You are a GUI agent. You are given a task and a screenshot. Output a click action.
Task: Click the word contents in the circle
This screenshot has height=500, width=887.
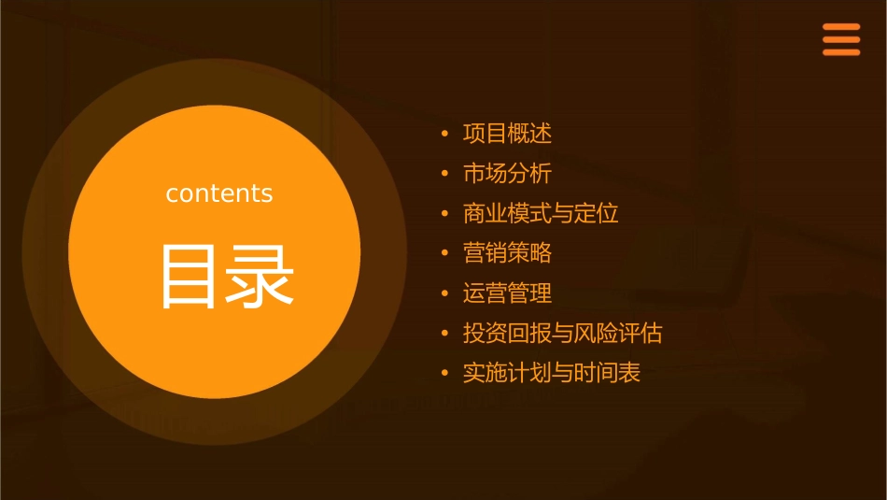point(219,193)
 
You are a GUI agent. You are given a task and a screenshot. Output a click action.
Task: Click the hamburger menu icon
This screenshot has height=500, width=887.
point(841,40)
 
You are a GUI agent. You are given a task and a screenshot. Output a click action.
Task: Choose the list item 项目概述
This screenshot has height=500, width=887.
point(507,134)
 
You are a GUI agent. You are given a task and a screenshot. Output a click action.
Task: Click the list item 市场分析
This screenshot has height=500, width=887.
point(507,174)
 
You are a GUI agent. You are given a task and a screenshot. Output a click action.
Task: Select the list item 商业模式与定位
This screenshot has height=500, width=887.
point(541,213)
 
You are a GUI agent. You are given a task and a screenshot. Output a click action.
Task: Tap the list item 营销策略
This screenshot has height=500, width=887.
point(507,253)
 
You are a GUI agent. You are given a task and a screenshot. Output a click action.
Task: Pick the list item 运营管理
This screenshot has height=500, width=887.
point(507,293)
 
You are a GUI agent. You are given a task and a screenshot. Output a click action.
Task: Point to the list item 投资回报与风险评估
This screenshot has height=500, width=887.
point(562,334)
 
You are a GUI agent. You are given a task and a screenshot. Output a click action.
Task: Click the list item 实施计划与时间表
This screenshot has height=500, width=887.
point(551,374)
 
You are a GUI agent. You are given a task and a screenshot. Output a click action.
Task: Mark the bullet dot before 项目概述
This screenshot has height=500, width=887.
point(445,135)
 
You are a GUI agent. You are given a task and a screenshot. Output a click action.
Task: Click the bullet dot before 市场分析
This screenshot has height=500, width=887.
point(445,175)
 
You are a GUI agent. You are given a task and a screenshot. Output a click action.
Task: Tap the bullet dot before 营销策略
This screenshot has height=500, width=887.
point(445,254)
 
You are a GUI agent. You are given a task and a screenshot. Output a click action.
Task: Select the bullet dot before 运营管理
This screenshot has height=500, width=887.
point(445,294)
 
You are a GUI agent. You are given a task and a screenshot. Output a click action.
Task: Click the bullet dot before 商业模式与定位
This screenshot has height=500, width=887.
point(445,214)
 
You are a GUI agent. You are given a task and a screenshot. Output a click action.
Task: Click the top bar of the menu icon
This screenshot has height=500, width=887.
point(841,27)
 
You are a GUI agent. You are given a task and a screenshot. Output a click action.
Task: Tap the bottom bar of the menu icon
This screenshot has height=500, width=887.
point(841,52)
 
